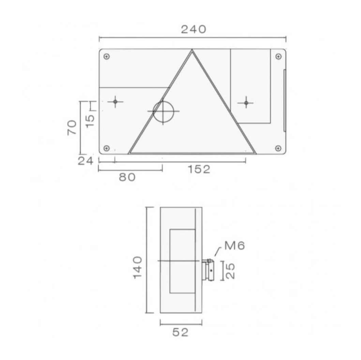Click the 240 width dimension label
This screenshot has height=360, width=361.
click(193, 29)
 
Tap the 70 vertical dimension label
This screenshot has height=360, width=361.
click(72, 128)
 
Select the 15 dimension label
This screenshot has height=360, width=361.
click(90, 121)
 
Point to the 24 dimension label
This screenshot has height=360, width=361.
click(86, 161)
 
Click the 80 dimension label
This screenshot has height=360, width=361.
click(127, 177)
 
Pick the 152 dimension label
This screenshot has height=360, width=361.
click(199, 169)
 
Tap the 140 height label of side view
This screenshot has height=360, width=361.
click(138, 267)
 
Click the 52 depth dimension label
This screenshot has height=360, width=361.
click(181, 332)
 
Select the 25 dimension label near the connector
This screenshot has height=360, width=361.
click(229, 271)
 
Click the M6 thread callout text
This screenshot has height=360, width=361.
click(235, 246)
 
